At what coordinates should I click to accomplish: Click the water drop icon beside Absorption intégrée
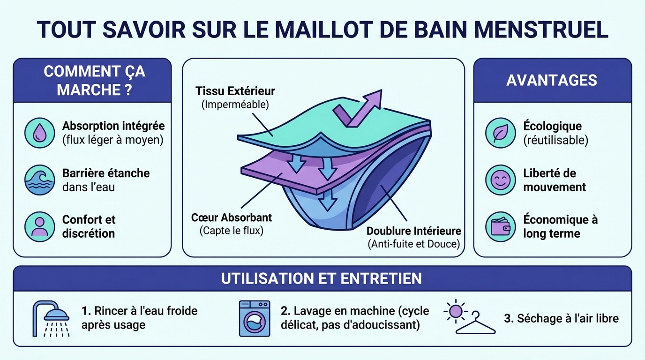39,133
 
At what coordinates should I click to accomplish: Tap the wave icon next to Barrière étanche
39,180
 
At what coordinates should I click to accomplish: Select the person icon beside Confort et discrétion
39,226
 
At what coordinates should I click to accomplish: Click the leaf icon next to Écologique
501,133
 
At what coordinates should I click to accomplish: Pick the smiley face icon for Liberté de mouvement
501,180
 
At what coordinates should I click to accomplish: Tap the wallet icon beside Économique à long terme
501,227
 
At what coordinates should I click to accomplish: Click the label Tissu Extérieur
235,91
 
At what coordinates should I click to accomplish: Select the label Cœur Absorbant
232,218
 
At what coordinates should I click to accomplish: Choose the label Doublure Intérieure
413,231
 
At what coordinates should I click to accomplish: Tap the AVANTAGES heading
552,80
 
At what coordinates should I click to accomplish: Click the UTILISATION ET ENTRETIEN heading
322,278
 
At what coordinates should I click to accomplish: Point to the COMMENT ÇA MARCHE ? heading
94,80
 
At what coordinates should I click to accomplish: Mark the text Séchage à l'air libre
561,319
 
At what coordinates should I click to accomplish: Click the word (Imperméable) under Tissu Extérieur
235,104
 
